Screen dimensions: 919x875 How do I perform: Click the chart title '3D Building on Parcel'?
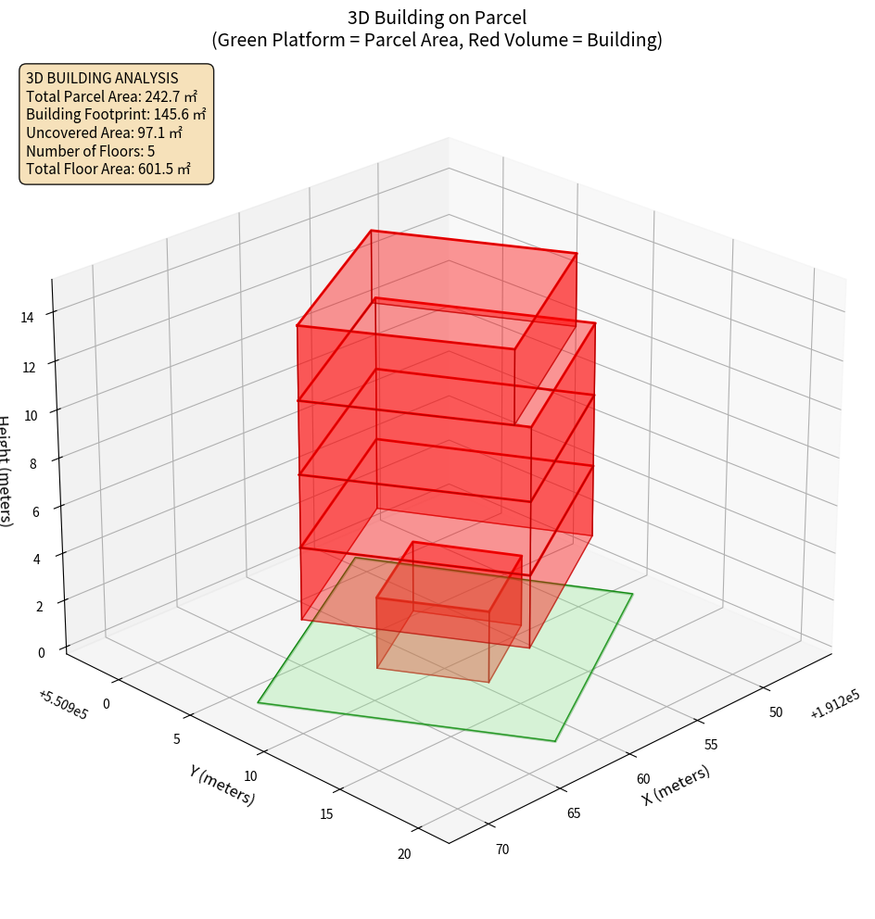(437, 17)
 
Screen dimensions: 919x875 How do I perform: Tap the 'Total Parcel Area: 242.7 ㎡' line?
(111, 96)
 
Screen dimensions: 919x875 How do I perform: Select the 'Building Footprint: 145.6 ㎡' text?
(116, 115)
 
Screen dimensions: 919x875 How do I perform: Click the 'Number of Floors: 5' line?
(90, 151)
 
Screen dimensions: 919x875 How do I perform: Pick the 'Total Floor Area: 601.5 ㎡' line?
(108, 169)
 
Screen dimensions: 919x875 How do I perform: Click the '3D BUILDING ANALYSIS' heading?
(102, 78)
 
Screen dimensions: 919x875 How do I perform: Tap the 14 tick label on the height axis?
(27, 318)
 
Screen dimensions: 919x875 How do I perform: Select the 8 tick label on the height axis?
(32, 463)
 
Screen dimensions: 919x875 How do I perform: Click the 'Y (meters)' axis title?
(222, 785)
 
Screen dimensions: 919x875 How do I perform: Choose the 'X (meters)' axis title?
(677, 785)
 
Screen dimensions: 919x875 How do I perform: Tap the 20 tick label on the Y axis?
(404, 853)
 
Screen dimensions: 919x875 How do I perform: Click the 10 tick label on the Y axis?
(249, 775)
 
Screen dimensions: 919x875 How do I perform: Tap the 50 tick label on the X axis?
(776, 711)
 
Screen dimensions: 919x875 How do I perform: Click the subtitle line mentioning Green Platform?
(437, 40)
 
